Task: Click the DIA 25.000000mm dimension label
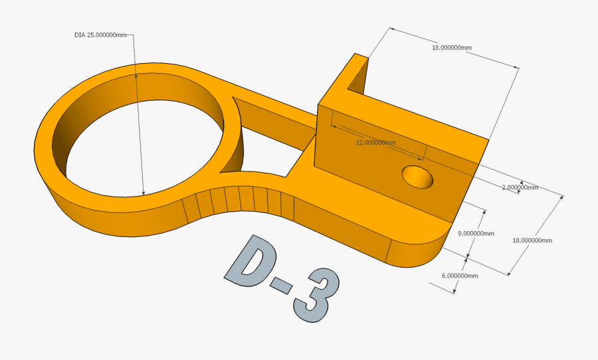coord(100,35)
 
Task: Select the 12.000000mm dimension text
coord(375,143)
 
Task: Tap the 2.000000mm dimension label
coord(520,187)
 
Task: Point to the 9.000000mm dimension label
coord(476,233)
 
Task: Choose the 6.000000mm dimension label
coord(460,275)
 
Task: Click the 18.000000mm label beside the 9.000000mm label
coord(532,240)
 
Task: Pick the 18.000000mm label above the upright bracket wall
coord(452,48)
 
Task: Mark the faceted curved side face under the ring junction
coord(239,203)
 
